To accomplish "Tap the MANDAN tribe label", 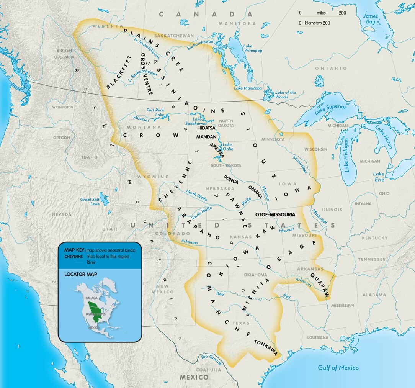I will pyautogui.click(x=206, y=136).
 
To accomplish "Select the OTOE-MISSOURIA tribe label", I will pyautogui.click(x=275, y=215).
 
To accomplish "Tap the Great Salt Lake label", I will pyautogui.click(x=90, y=202).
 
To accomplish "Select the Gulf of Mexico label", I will pyautogui.click(x=338, y=368).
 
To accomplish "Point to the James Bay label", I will pyautogui.click(x=370, y=19).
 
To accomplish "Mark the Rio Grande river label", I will pyautogui.click(x=211, y=359).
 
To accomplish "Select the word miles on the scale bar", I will pyautogui.click(x=321, y=13).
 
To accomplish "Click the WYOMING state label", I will pyautogui.click(x=154, y=177).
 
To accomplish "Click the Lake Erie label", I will pyautogui.click(x=379, y=177).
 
